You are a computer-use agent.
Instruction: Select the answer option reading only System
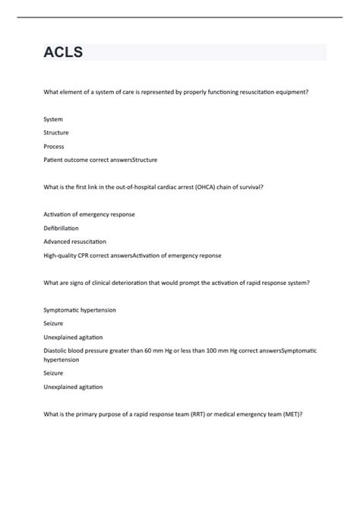(x=53, y=119)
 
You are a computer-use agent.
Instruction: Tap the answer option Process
(x=54, y=146)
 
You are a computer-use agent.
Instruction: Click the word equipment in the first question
(x=291, y=92)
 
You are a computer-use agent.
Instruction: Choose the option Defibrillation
(x=62, y=228)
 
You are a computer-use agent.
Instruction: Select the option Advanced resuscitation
(x=75, y=241)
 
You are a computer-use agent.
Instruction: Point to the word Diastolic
(x=56, y=350)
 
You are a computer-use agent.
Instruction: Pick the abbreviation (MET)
(x=292, y=414)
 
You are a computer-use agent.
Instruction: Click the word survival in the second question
(x=249, y=187)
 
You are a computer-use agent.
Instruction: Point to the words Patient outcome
(x=67, y=160)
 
